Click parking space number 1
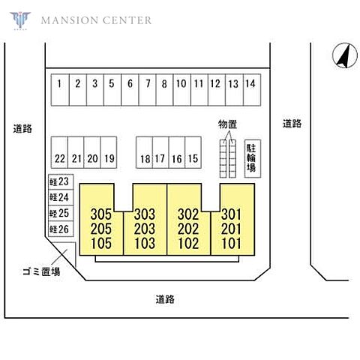click(60, 90)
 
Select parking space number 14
click(252, 90)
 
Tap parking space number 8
click(164, 90)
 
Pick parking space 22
click(59, 152)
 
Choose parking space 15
click(193, 152)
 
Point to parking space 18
click(144, 152)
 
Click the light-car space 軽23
click(61, 181)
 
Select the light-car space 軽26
click(61, 229)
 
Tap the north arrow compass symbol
click(345, 55)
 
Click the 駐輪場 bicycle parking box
click(253, 158)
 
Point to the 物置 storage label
click(227, 124)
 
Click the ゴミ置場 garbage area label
click(41, 271)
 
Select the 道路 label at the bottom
click(165, 299)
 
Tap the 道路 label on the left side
click(22, 129)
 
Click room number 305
click(101, 214)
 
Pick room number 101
click(232, 243)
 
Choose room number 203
click(145, 229)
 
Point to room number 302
click(188, 214)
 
